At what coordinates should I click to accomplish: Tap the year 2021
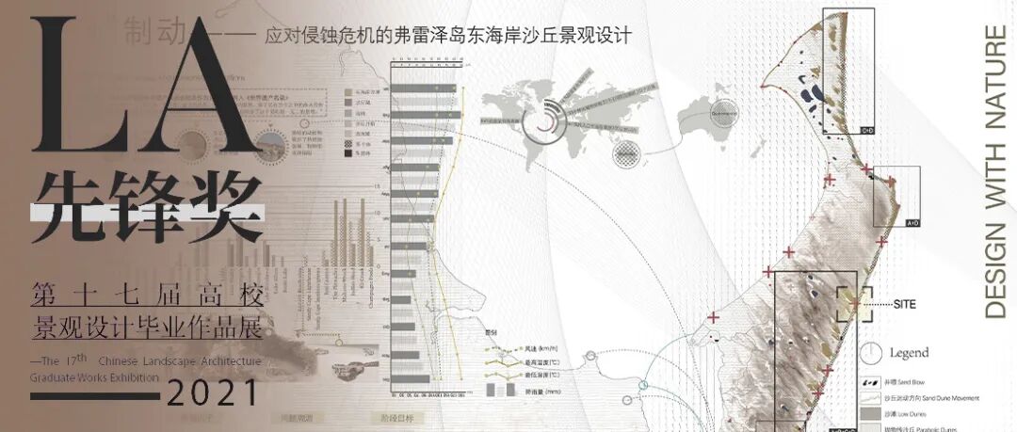213,389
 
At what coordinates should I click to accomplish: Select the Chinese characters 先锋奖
146,203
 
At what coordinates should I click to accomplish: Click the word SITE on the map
904,304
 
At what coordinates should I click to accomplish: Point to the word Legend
909,354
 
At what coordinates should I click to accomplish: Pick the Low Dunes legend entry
904,413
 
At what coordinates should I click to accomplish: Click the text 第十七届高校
146,293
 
